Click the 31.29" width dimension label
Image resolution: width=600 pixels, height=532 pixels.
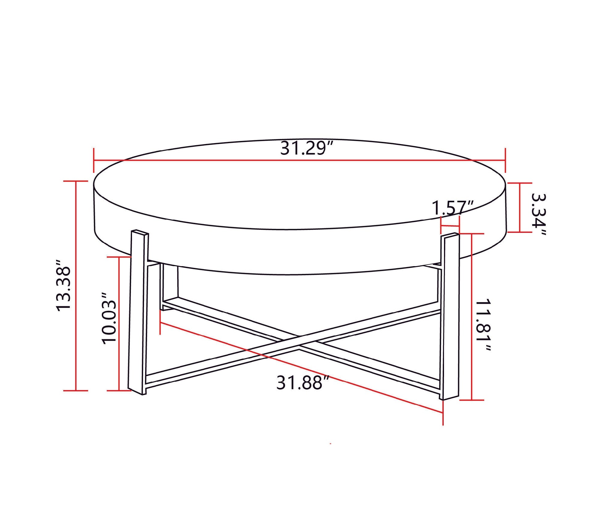point(307,149)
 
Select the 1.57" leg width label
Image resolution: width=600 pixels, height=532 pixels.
point(452,208)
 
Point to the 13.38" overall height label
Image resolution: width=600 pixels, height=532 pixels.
point(64,286)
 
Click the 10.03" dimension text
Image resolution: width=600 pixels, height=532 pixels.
point(109,318)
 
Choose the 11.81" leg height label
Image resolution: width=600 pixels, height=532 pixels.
point(483,325)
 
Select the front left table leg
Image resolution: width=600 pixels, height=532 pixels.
point(138,311)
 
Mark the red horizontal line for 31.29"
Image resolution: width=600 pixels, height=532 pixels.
point(216,160)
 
